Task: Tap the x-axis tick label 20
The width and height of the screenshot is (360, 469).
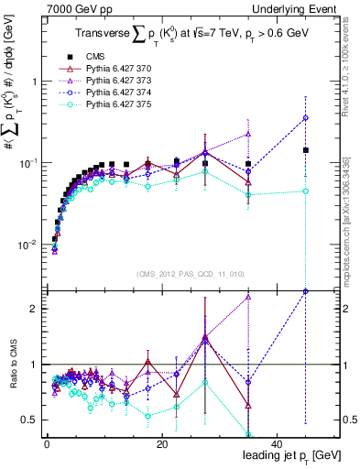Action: click(161, 444)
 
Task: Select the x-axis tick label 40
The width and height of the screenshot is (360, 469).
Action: click(277, 444)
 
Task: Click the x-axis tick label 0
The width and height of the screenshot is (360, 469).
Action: click(47, 444)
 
